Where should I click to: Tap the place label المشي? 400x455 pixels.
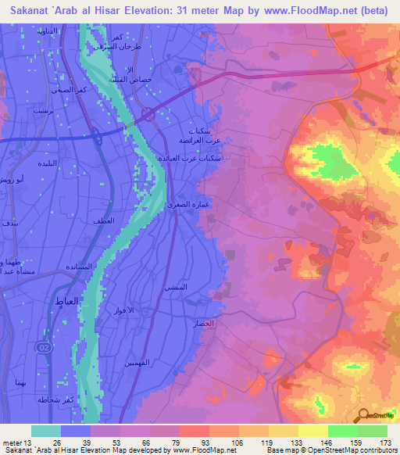(x=175, y=288)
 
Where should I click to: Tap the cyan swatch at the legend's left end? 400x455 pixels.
(x=46, y=431)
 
